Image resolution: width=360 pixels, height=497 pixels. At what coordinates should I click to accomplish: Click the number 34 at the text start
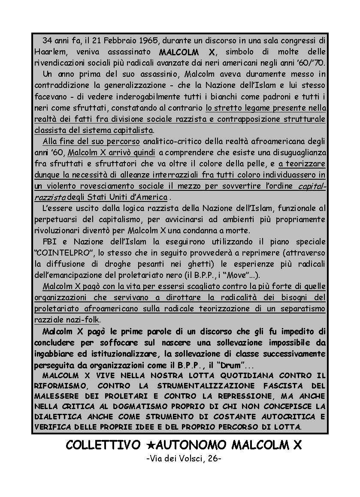pyautogui.click(x=48, y=41)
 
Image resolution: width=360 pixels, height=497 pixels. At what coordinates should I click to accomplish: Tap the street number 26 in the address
pyautogui.click(x=212, y=459)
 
